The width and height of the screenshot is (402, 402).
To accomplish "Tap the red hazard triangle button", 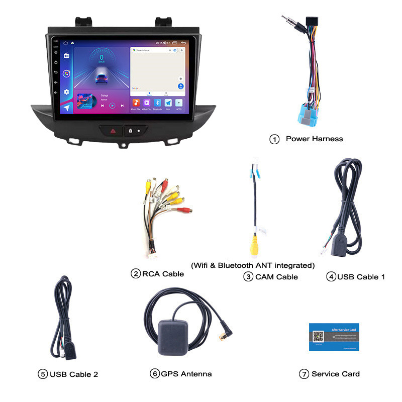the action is coord(113,130).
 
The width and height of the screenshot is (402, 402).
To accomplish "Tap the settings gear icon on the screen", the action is coord(66,92).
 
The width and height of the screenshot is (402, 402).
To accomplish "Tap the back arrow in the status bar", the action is coord(184,43).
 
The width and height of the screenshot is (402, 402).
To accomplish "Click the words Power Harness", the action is coord(314,139).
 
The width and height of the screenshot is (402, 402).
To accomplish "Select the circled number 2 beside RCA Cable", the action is coord(136,274).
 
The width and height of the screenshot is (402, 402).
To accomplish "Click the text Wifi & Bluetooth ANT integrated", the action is coord(253,265).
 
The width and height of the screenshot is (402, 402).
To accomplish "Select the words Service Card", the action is coord(335,374).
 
